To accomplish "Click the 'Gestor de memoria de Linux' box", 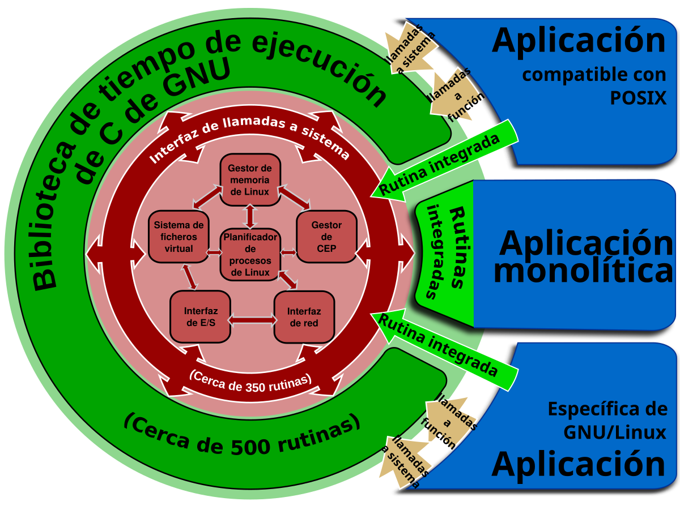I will tap(250, 179).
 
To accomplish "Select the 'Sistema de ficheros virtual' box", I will tap(178, 237).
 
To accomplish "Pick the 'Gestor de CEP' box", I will tap(326, 237).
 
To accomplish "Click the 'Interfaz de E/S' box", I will tap(201, 317).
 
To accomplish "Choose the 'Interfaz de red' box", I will tap(304, 317).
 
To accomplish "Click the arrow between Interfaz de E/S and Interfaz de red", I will tap(252, 320).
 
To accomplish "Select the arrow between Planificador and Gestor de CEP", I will tap(288, 252).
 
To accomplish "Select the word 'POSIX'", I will tap(638, 98).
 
